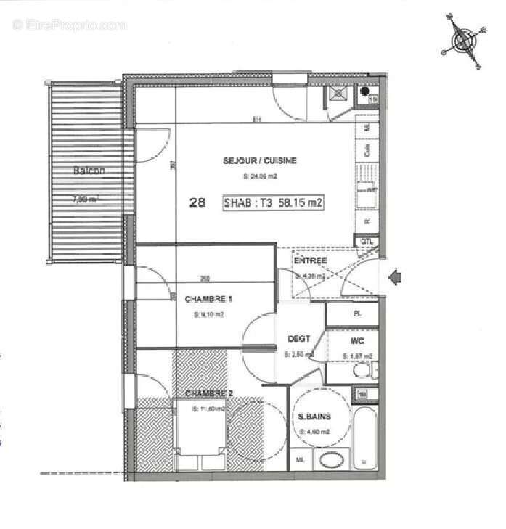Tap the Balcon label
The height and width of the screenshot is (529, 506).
coord(89,171)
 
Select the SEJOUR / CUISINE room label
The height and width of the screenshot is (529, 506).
coord(260,160)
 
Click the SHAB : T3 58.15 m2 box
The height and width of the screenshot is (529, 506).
coord(274,203)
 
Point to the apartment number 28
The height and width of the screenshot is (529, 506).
coord(196,203)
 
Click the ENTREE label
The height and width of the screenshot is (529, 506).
coord(310,260)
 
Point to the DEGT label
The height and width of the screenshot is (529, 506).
coord(298,339)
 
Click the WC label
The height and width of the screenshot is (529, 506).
coord(356,340)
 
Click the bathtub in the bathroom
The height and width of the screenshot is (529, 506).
coord(364,438)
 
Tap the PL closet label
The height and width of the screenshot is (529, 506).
coord(356,314)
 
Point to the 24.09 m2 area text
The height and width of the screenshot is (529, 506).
coord(259,176)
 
